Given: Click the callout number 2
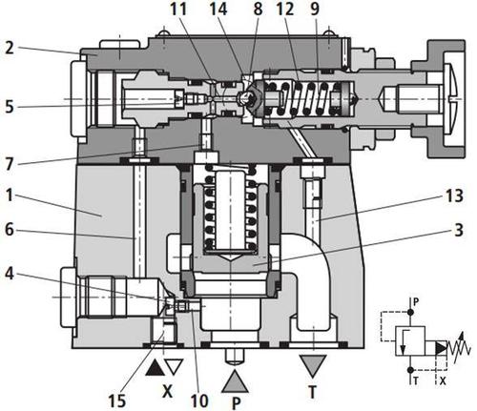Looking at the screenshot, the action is click(x=10, y=48).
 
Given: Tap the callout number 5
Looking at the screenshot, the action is click(x=10, y=107).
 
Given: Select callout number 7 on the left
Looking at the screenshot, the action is click(x=10, y=164).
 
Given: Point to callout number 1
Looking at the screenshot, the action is click(x=10, y=195).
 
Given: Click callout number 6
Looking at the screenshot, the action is click(x=10, y=230).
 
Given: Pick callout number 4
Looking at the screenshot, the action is click(x=10, y=274).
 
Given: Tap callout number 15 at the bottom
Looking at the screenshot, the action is click(x=116, y=401).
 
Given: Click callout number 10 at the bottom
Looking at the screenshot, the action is click(x=199, y=401).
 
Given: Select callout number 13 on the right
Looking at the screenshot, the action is click(x=454, y=195).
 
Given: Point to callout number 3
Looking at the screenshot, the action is click(x=458, y=230).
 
